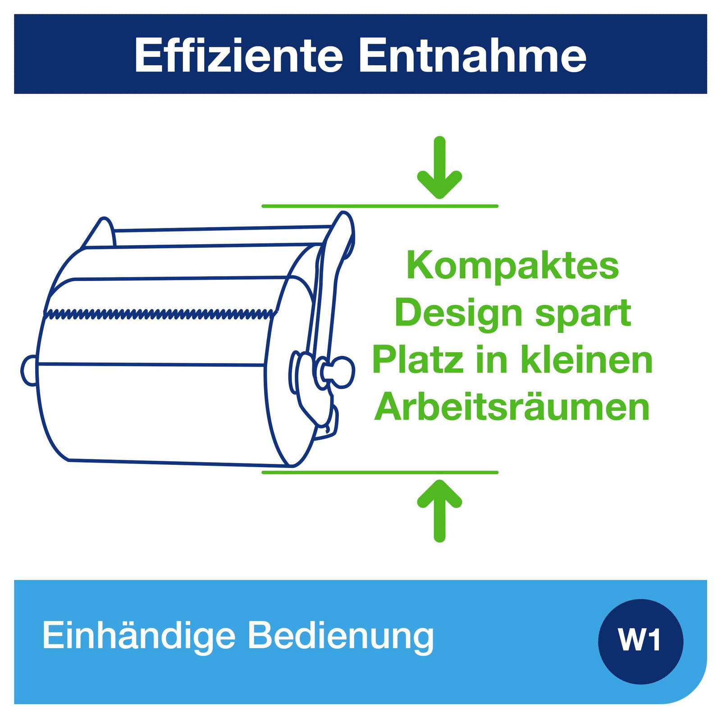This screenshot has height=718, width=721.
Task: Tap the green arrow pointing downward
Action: [439, 168]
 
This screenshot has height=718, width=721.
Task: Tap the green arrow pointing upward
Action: [439, 511]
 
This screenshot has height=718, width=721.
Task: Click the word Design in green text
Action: [459, 314]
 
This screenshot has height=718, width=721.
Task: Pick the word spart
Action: [583, 314]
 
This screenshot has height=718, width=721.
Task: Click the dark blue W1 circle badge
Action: [640, 641]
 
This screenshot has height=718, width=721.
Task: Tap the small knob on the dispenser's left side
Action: [29, 370]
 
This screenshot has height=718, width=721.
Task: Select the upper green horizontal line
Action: [380, 206]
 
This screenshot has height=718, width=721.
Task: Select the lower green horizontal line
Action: [380, 472]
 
